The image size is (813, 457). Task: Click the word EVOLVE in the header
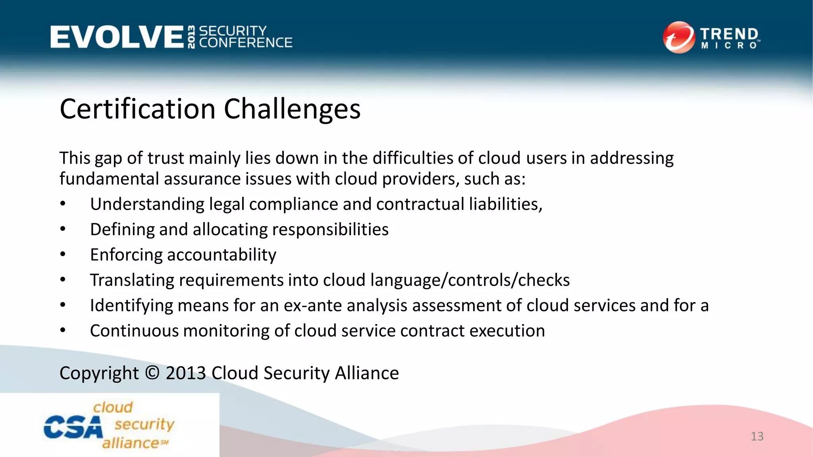(x=117, y=37)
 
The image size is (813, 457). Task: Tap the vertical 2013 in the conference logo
(x=191, y=37)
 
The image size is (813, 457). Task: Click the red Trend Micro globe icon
(x=679, y=37)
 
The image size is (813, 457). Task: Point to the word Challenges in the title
(x=292, y=109)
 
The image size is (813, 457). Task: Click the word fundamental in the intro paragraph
(x=109, y=179)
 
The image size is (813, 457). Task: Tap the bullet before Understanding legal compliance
(x=63, y=204)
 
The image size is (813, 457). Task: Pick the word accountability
(x=222, y=255)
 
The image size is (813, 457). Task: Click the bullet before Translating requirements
(x=63, y=280)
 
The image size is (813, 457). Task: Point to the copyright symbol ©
(x=152, y=373)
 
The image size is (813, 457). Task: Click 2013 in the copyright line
(x=185, y=373)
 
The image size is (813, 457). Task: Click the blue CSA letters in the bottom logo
(x=73, y=428)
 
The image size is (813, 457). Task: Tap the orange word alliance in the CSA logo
(x=131, y=443)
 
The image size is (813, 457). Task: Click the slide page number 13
(x=757, y=436)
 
